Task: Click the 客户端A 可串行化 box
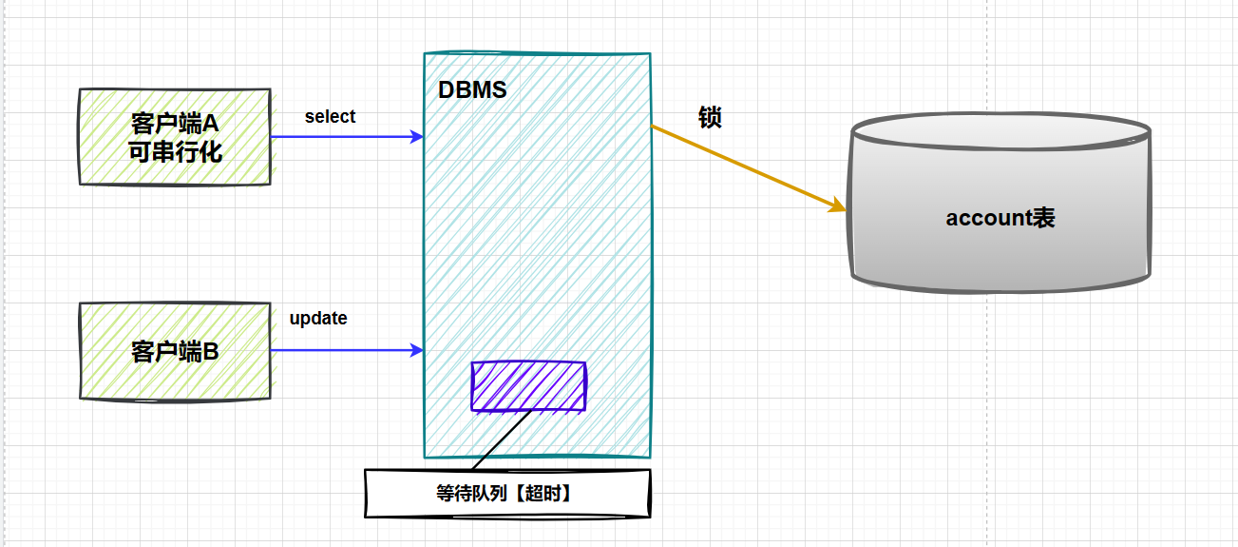[x=174, y=137]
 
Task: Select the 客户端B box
[x=174, y=351]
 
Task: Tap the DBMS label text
[x=472, y=90]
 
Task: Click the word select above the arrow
[x=330, y=117]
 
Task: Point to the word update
[x=318, y=319]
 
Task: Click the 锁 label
[x=710, y=117]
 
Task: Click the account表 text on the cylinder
[x=1000, y=218]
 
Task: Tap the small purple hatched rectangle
[x=528, y=386]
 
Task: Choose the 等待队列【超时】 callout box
[x=508, y=494]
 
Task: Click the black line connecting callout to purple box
[x=501, y=440]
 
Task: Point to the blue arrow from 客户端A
[x=342, y=137]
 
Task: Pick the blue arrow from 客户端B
[x=342, y=351]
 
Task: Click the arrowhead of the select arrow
[x=417, y=137]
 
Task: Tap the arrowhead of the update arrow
[x=417, y=351]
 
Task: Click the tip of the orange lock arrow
[x=840, y=207]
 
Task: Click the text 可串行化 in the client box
[x=176, y=150]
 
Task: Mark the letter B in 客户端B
[x=211, y=352]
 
